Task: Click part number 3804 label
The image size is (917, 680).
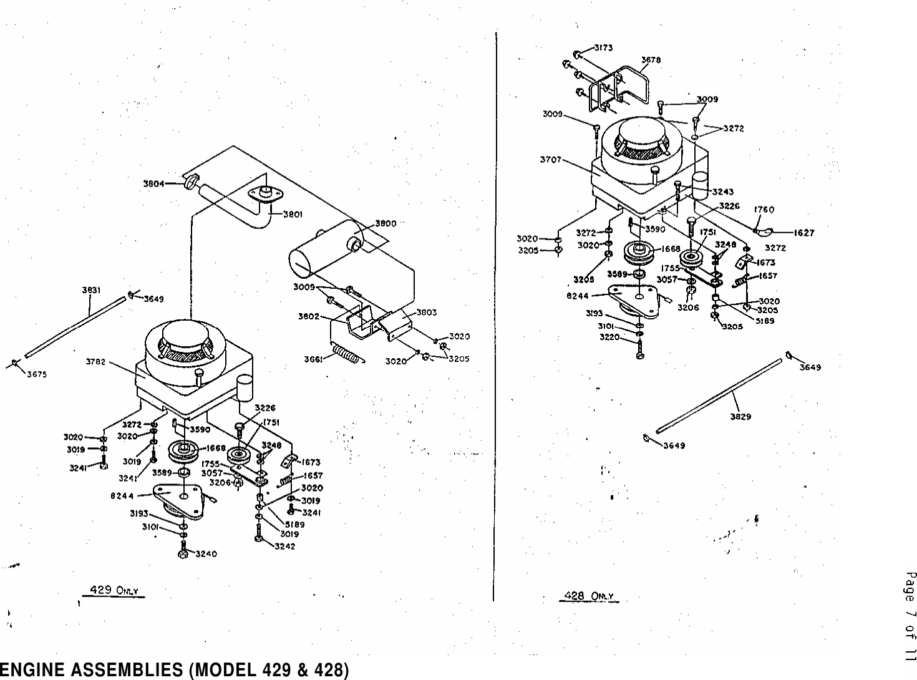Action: [153, 183]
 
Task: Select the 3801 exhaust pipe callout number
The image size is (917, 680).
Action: [293, 214]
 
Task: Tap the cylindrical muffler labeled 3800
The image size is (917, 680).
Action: [324, 250]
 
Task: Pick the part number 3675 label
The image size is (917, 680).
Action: [37, 374]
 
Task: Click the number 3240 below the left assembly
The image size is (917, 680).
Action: [206, 554]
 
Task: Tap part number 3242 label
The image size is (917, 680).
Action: [285, 546]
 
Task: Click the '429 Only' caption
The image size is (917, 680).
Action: [114, 590]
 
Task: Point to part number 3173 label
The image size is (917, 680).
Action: [603, 47]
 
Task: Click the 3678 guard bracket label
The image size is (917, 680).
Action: [651, 61]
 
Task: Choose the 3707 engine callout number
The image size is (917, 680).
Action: [551, 159]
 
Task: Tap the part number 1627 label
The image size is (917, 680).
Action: [804, 233]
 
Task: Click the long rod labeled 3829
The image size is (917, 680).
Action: [717, 394]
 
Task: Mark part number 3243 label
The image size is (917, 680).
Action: [722, 192]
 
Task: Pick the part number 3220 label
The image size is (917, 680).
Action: [609, 337]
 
